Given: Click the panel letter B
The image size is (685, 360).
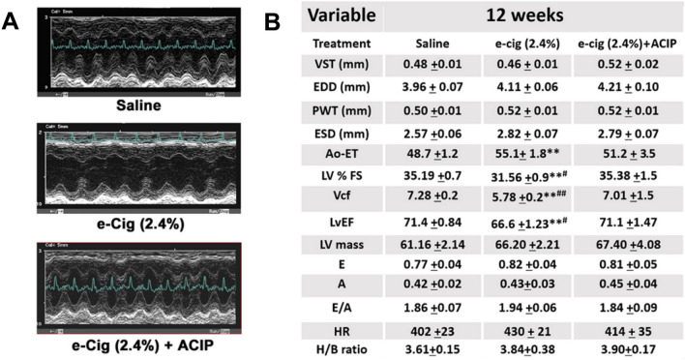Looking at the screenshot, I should (273, 18).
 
